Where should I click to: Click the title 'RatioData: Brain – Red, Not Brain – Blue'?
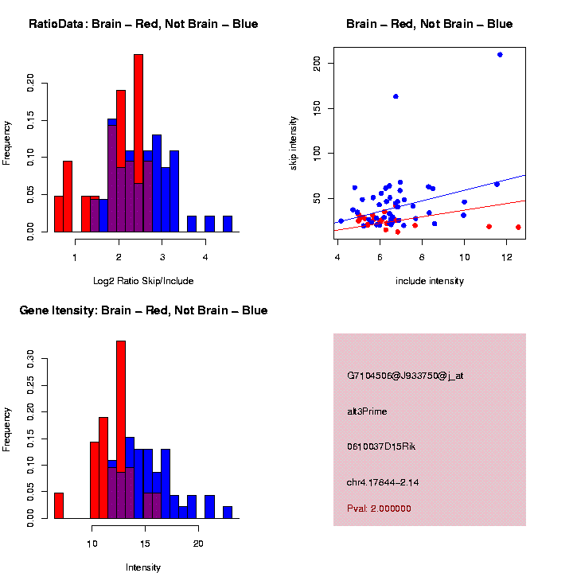(x=143, y=25)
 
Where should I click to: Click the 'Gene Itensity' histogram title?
(x=143, y=310)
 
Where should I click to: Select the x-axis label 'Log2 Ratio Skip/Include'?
(x=143, y=281)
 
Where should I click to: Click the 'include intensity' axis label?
(x=429, y=281)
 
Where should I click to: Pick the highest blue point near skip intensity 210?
(x=500, y=55)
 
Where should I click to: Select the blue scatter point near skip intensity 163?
(x=396, y=96)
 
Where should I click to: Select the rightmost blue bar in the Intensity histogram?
(x=228, y=513)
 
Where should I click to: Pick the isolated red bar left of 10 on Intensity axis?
(x=59, y=505)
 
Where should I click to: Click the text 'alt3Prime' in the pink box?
(x=367, y=411)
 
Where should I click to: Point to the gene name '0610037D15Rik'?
(x=381, y=446)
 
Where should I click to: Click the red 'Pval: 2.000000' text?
(x=379, y=509)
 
